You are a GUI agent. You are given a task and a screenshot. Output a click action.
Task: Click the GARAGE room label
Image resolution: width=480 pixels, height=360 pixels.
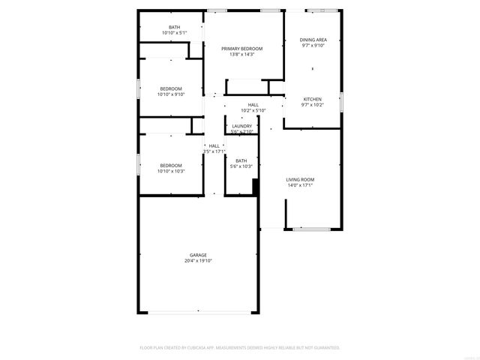[x=198, y=255]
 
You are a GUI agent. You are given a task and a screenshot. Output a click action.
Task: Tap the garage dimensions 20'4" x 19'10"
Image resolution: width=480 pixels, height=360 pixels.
[x=198, y=261]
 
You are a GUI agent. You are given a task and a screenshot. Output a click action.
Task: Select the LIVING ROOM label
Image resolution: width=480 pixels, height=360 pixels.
[x=300, y=179]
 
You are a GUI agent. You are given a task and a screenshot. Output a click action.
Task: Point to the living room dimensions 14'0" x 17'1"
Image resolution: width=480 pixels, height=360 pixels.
[x=300, y=185]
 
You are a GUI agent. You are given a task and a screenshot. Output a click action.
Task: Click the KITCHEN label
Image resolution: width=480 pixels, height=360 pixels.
[x=313, y=99]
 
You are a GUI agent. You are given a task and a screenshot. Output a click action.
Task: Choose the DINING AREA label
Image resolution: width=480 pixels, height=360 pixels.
[x=313, y=40]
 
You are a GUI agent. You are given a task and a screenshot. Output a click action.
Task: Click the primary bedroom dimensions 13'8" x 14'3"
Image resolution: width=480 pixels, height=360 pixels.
[x=241, y=55]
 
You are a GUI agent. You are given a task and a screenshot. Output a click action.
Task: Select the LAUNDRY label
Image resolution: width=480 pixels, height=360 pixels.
[x=241, y=126]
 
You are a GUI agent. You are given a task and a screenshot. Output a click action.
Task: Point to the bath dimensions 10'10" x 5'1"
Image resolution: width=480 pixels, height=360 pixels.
[x=174, y=33]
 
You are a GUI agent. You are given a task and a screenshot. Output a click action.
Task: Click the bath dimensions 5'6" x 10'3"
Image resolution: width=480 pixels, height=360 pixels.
[x=241, y=166]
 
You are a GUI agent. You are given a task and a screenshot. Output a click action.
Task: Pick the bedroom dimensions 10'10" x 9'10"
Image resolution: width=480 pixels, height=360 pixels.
[x=170, y=94]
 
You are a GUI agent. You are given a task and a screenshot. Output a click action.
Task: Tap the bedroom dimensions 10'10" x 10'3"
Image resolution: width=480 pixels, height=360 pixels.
[x=170, y=171]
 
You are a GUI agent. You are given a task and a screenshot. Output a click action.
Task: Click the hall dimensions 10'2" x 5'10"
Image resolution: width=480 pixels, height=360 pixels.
[x=253, y=110]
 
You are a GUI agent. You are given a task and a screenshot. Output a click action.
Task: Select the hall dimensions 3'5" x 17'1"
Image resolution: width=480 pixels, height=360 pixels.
[x=214, y=151]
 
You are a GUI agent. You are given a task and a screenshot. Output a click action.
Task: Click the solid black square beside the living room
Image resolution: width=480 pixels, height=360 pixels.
[x=256, y=187]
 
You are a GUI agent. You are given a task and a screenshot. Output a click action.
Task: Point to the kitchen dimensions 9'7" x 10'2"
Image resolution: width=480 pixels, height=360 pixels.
[x=313, y=105]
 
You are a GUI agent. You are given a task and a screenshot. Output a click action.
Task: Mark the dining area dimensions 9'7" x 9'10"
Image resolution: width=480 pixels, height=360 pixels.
[x=313, y=46]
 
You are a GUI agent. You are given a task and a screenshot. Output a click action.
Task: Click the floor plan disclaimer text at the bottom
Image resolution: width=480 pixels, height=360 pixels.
[x=240, y=348]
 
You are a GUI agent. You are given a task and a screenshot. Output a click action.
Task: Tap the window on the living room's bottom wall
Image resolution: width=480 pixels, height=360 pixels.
[x=307, y=229]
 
